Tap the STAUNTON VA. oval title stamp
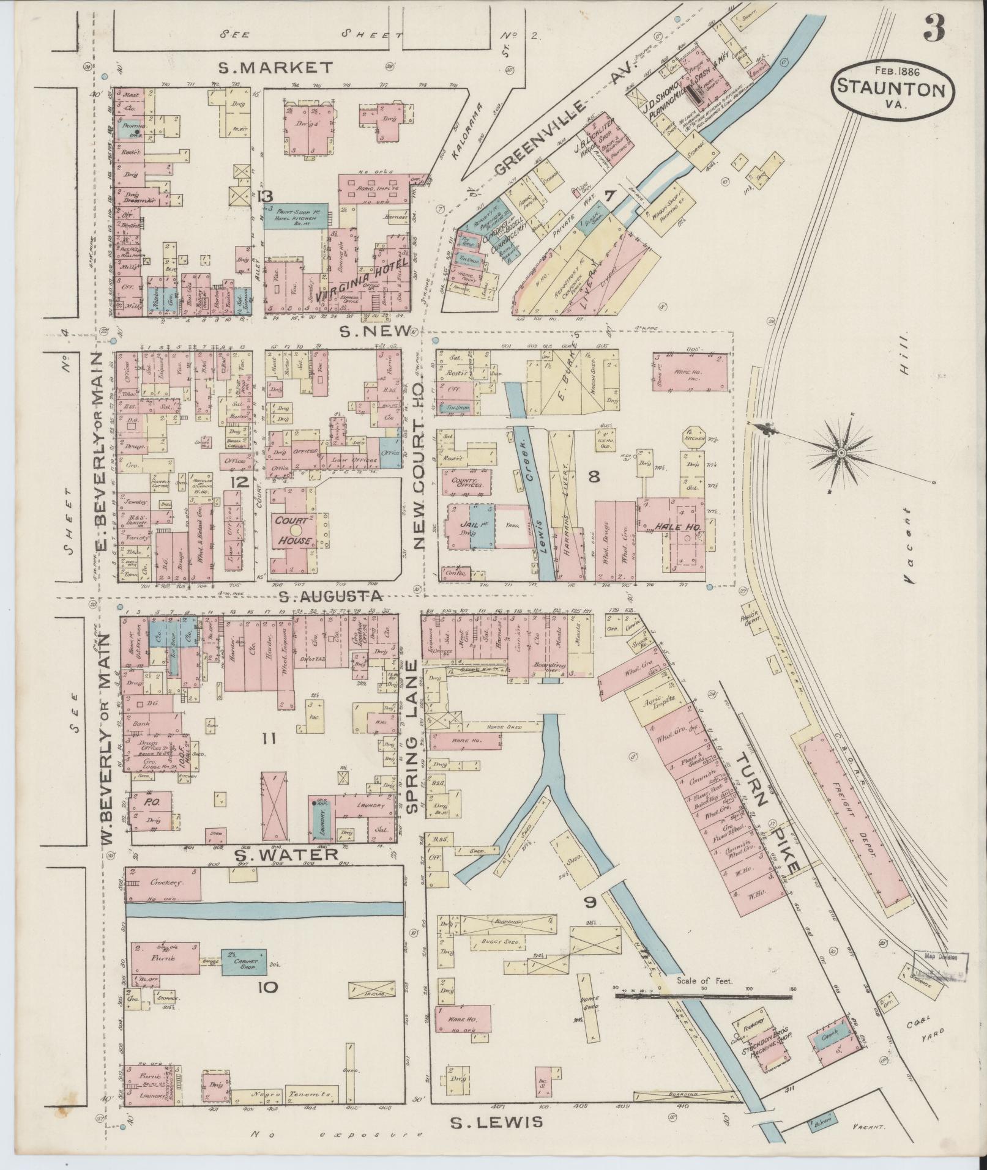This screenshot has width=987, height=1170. tap(892, 87)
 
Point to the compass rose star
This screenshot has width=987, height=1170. tap(841, 452)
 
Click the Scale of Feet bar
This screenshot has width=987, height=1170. tap(702, 996)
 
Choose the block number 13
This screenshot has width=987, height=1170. tap(265, 196)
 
